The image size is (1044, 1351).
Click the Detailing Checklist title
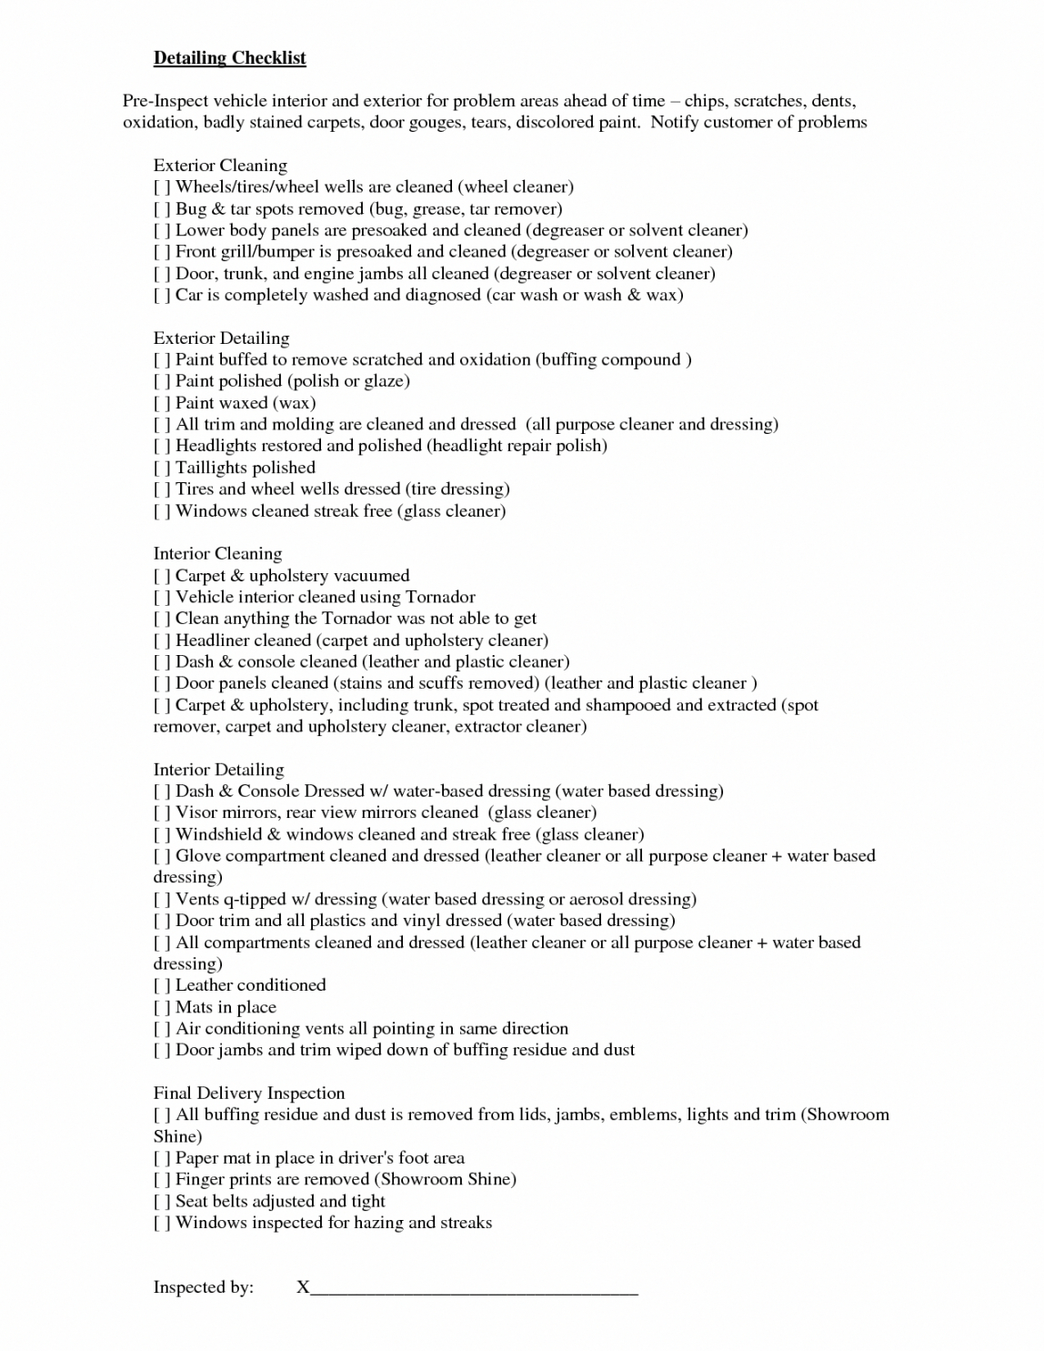[x=229, y=58]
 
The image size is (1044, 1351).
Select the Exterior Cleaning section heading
[x=220, y=166]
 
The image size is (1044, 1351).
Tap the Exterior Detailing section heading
[x=221, y=338]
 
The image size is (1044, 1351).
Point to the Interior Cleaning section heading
[x=217, y=554]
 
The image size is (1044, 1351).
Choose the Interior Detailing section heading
[x=218, y=770]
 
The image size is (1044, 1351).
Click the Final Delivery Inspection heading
[x=249, y=1094]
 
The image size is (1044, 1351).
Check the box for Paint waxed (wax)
[x=162, y=403]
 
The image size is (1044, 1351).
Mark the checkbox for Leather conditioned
[x=162, y=985]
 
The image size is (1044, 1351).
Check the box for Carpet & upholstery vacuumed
[x=162, y=576]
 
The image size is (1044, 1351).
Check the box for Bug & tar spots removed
[x=162, y=209]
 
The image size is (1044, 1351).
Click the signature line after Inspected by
[x=473, y=1287]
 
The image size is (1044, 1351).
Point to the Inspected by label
[x=204, y=1287]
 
